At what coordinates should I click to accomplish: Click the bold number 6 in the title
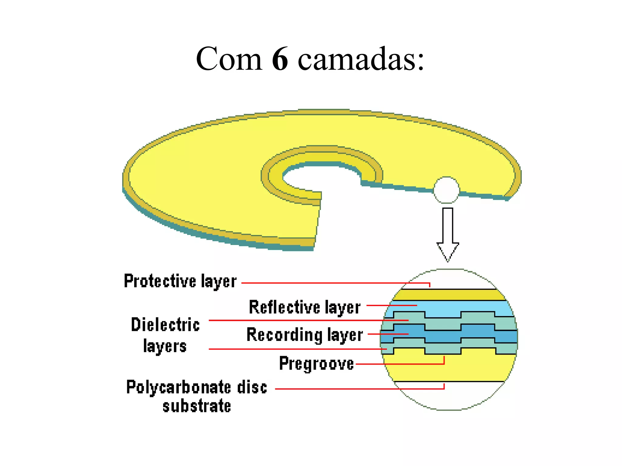coord(280,59)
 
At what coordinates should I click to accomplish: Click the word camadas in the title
coord(361,59)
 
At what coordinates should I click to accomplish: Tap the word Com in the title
coord(229,59)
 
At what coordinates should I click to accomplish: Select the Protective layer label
coord(180,281)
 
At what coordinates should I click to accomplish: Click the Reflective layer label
coord(305,307)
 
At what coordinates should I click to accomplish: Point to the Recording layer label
coord(305,335)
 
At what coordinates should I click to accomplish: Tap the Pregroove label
coord(316,363)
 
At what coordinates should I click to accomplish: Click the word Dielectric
coord(166,325)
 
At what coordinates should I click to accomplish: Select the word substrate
coord(197,406)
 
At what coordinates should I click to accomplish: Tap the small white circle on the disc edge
coord(446,190)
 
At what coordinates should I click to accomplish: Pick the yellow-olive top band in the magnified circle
coord(449,295)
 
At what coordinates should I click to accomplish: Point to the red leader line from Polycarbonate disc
coord(358,389)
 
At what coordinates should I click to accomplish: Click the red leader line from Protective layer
coord(334,283)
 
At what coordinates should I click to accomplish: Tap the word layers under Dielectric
coord(165,346)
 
